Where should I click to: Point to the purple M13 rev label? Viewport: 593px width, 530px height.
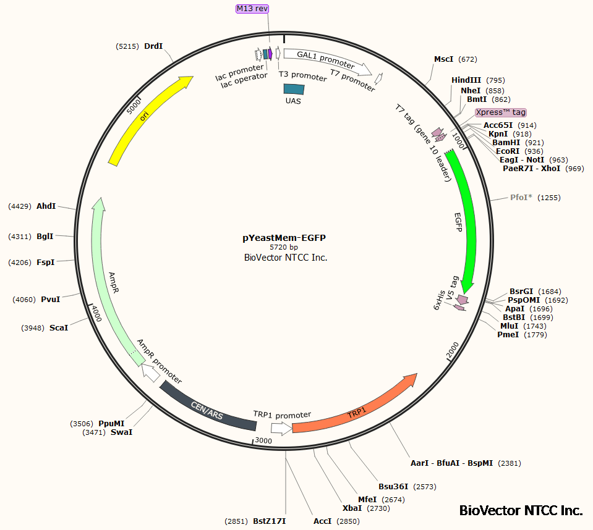(x=252, y=9)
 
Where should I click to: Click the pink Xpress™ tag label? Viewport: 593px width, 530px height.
(x=501, y=112)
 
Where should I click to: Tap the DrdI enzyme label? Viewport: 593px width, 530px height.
(x=153, y=46)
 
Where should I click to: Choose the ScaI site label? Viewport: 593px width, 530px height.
(x=59, y=327)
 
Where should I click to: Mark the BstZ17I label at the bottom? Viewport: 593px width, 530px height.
(x=269, y=521)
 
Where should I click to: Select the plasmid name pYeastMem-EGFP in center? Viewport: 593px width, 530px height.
(x=284, y=237)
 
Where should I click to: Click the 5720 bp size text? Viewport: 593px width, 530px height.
(x=284, y=247)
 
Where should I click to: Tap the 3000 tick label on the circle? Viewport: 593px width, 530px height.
(x=264, y=440)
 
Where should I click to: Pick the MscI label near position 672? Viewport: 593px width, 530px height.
(x=443, y=59)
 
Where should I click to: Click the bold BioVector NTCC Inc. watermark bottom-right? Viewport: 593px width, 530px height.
(x=521, y=511)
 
